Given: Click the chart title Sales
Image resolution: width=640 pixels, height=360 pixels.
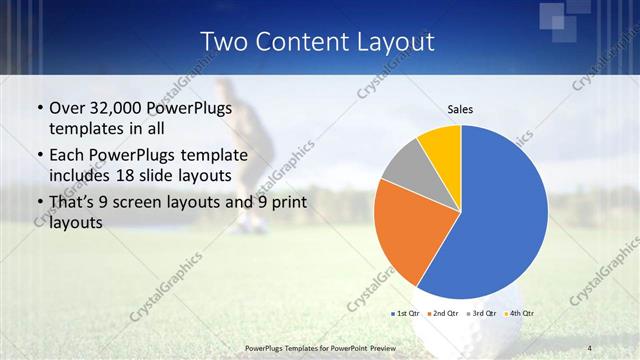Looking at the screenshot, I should click(460, 109).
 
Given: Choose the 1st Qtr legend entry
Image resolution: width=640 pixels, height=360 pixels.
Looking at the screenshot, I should click(405, 314).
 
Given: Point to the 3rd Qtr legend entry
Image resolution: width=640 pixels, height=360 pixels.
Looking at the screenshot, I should click(482, 314).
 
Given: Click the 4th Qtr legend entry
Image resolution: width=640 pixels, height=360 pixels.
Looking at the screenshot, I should click(519, 314).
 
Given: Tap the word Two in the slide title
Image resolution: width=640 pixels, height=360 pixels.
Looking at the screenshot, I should click(224, 42).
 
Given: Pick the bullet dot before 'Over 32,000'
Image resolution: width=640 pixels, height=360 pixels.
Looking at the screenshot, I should click(39, 109).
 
